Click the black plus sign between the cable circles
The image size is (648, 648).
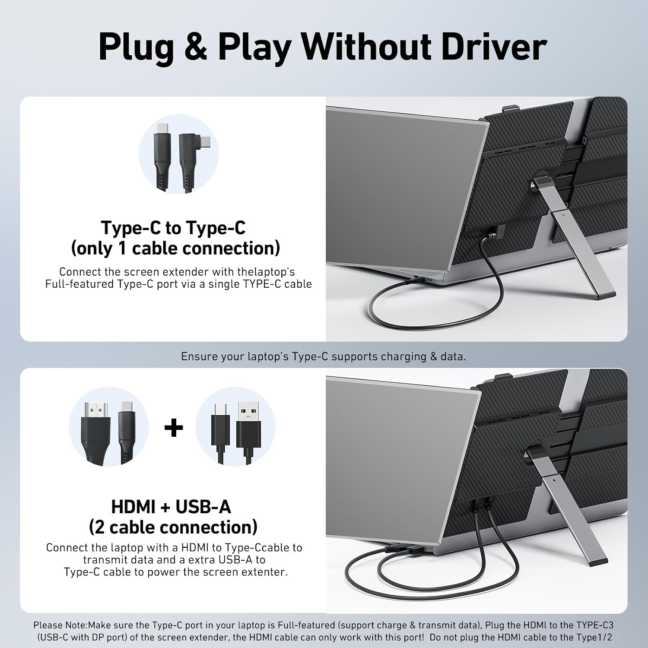pos(174,428)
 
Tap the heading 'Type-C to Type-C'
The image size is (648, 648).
pos(173,228)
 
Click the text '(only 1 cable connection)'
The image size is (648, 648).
pos(175,248)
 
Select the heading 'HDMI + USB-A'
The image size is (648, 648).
pos(171,507)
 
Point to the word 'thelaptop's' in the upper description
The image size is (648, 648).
pos(266,272)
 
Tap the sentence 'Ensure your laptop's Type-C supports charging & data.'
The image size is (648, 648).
pos(324,356)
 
